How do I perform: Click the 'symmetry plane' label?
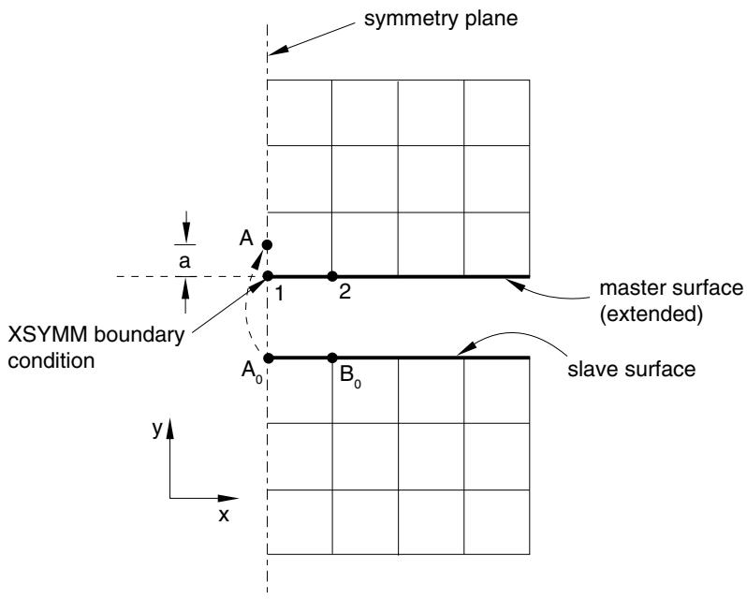[441, 19]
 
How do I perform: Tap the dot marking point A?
[267, 244]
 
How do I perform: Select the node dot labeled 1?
[268, 276]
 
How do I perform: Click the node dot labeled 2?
[332, 276]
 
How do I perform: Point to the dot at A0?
[269, 358]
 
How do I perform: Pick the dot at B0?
[332, 358]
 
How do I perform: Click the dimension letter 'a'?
[184, 261]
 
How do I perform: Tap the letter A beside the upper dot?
[246, 238]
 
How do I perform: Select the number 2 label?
[344, 292]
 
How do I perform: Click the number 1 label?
[279, 293]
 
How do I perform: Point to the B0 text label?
[350, 376]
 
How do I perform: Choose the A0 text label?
[252, 372]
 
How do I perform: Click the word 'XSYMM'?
[48, 335]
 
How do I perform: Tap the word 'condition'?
[51, 361]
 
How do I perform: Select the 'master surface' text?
[671, 288]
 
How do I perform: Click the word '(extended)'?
[652, 314]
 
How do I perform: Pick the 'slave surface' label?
[631, 370]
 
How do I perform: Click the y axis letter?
[157, 429]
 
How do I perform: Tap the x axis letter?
[224, 515]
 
